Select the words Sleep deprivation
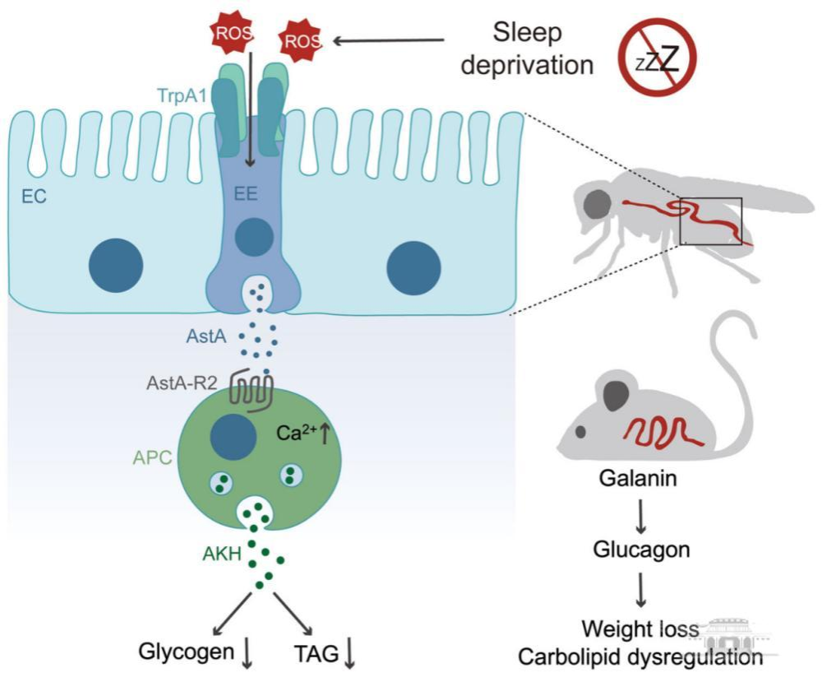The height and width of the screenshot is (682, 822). coord(527,49)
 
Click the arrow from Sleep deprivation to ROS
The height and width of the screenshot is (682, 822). coord(391,39)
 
